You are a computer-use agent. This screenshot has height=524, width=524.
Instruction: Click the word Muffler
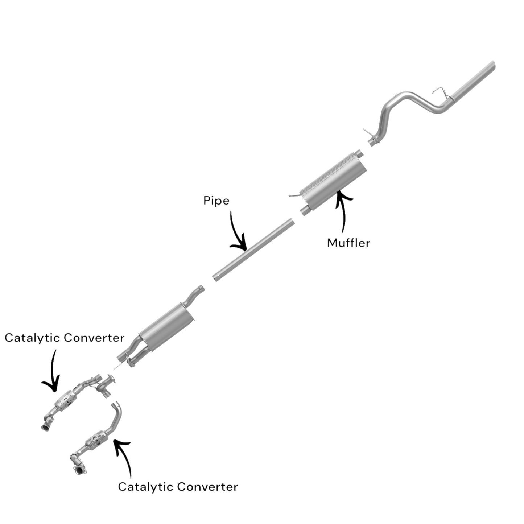[x=348, y=243]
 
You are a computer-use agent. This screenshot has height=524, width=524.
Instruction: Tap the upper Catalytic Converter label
[x=65, y=338]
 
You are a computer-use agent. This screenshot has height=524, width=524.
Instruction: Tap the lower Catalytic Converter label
[x=178, y=487]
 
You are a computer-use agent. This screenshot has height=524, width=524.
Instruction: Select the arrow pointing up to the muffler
[x=343, y=212]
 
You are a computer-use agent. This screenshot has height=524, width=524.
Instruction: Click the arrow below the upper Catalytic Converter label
[x=53, y=372]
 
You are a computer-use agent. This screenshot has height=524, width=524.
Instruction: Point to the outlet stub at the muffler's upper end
[x=359, y=153]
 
